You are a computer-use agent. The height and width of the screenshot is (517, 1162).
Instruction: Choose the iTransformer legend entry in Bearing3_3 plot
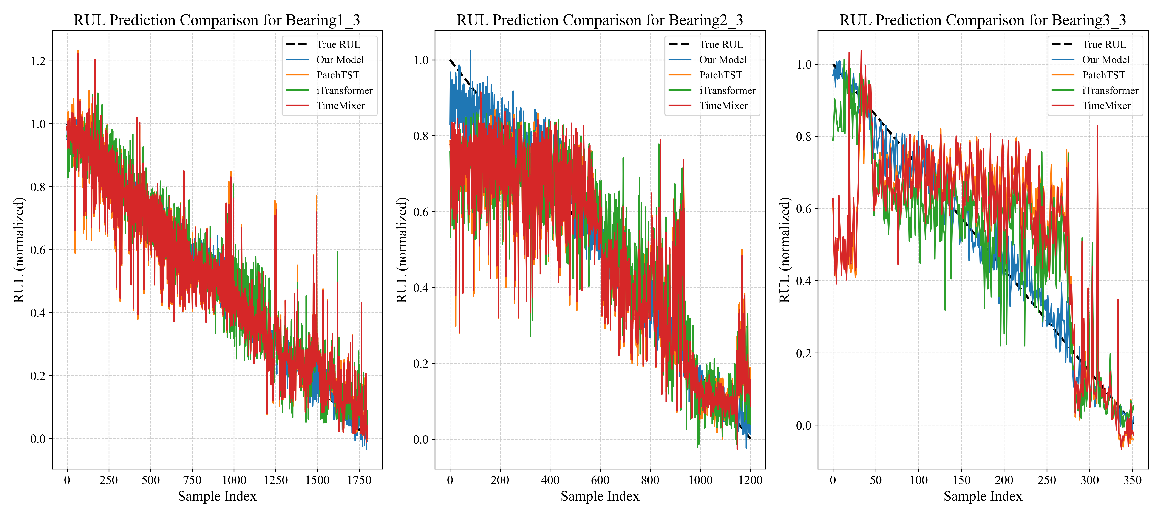pos(1110,90)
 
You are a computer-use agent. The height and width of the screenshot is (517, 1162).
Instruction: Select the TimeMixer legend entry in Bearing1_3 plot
pos(341,106)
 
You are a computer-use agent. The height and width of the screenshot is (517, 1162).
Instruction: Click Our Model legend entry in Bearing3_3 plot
pos(1106,60)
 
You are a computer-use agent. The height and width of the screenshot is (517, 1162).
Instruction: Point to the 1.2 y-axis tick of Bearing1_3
pos(38,61)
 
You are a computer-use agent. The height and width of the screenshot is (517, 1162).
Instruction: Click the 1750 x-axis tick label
pos(359,480)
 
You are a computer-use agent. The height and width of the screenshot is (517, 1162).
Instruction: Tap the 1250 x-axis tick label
pos(276,480)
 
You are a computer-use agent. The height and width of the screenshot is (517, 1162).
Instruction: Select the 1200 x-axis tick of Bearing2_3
pos(750,480)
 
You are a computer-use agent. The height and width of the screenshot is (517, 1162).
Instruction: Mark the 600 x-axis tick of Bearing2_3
pos(600,480)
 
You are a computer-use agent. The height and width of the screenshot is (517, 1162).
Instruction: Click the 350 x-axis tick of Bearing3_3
pos(1132,480)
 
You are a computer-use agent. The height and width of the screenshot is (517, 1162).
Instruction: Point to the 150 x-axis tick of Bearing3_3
pos(961,480)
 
